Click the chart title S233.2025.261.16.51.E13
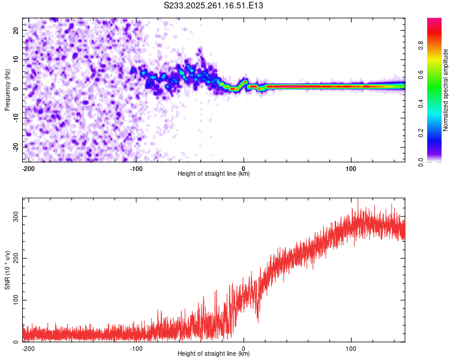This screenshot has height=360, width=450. point(214,5)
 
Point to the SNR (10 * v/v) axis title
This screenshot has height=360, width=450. point(7,270)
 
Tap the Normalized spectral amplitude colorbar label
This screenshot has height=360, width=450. point(446,90)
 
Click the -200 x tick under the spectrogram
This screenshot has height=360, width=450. point(27,168)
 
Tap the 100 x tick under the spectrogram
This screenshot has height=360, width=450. point(350,168)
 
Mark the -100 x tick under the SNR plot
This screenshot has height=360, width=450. point(136,348)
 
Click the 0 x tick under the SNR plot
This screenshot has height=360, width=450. point(244,348)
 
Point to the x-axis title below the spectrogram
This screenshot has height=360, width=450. point(214,174)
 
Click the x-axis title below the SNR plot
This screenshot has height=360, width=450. point(214,354)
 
